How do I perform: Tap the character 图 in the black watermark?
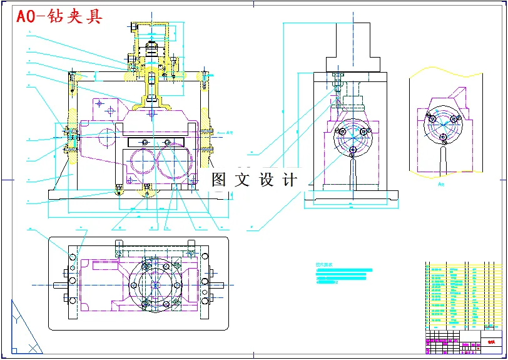[220, 180]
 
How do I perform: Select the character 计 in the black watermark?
[290, 180]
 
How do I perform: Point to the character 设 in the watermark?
[267, 180]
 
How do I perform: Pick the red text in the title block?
[491, 342]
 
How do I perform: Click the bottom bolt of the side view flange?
[353, 150]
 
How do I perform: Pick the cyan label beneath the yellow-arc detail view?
[440, 185]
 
